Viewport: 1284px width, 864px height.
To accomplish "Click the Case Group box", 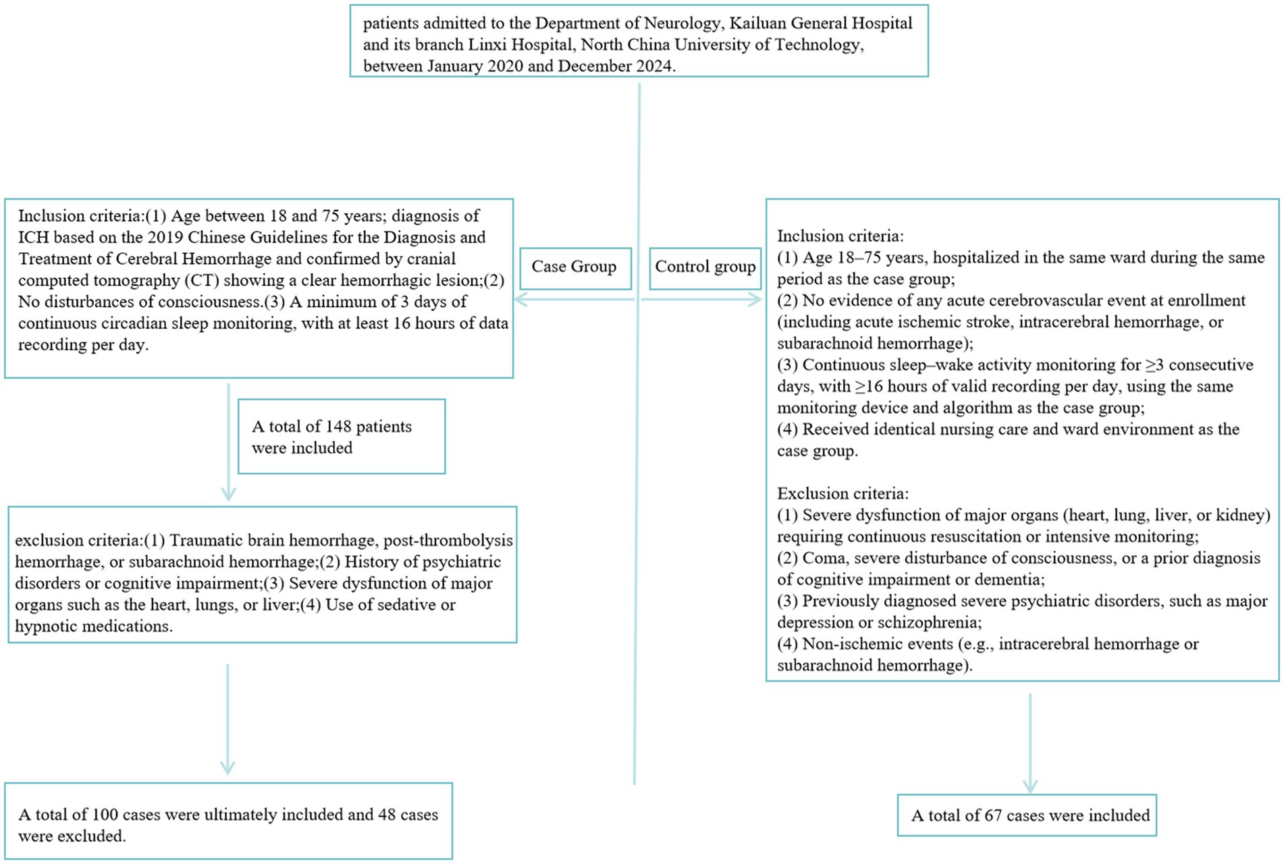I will click(574, 267).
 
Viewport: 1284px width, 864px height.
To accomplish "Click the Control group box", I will click(705, 267).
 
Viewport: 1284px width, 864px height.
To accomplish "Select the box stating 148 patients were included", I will click(342, 437).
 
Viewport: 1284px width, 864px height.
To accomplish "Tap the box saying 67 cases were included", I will click(1027, 815).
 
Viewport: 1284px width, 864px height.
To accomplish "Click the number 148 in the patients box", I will click(338, 427).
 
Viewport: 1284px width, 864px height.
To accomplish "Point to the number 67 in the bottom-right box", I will click(993, 815).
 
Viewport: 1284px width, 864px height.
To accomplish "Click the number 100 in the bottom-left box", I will click(105, 815).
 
